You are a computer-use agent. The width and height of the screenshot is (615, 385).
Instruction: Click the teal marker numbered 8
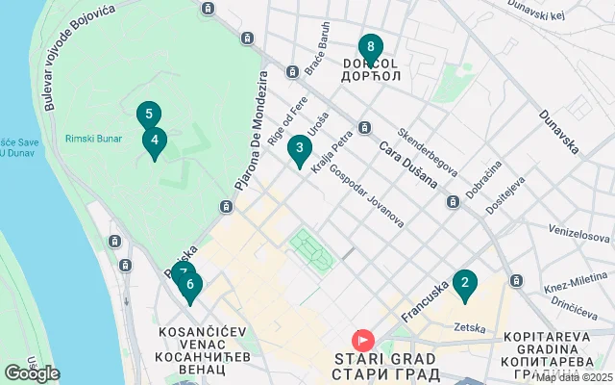370,48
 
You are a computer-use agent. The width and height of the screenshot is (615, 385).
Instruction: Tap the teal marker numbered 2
464,284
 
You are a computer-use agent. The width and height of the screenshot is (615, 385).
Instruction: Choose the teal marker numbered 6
190,285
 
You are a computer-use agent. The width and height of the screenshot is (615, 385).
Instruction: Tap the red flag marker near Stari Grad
363,340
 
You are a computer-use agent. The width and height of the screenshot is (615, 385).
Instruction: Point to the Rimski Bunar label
93,139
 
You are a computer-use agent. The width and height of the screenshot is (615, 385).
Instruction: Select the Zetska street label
470,328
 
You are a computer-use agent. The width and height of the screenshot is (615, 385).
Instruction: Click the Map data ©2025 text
573,377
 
